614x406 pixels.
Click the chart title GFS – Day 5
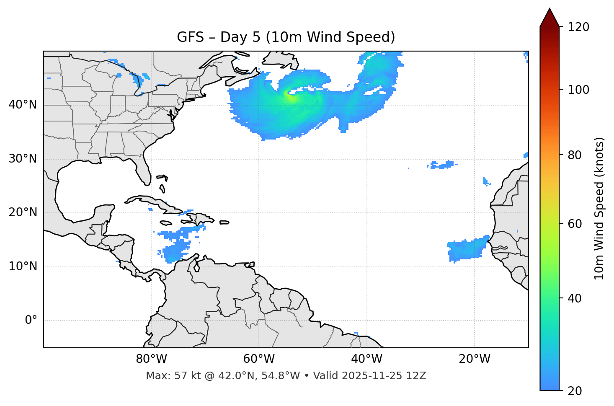point(286,37)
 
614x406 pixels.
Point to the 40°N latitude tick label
point(23,105)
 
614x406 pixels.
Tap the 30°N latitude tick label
point(23,159)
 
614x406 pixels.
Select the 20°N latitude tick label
point(23,212)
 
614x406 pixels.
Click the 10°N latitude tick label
point(23,266)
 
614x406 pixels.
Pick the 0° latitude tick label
point(31,321)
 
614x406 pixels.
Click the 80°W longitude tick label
point(151,359)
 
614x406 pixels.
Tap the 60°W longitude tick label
point(259,359)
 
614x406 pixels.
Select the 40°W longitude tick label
point(366,359)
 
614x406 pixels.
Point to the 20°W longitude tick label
point(474,359)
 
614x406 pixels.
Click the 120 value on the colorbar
point(578,27)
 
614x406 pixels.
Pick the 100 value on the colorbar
point(578,90)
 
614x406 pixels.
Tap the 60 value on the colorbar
point(575,224)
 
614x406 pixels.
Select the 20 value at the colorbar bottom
point(575,391)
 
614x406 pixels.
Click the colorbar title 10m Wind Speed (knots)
point(599,208)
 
